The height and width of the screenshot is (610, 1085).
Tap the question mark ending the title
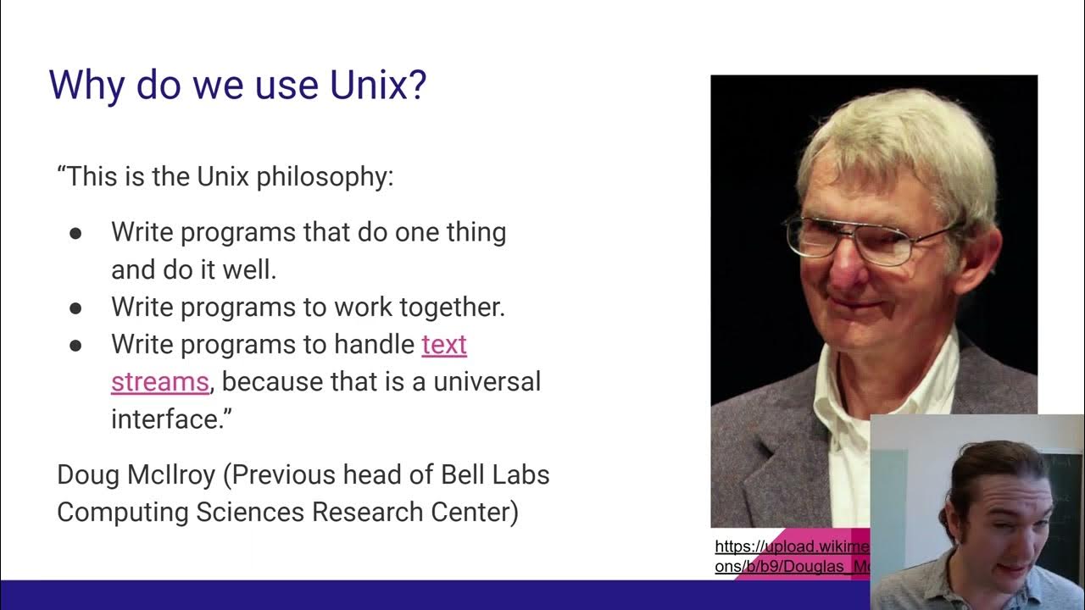[x=416, y=86]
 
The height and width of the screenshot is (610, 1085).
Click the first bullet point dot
[x=75, y=233]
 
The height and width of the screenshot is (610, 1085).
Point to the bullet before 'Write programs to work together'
[x=75, y=308]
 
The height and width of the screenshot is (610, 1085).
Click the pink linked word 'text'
[x=444, y=345]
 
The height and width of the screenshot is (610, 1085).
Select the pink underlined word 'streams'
[x=159, y=382]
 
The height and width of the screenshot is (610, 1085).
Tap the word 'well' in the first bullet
[x=251, y=270]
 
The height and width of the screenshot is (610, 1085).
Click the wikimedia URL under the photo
[x=792, y=557]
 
